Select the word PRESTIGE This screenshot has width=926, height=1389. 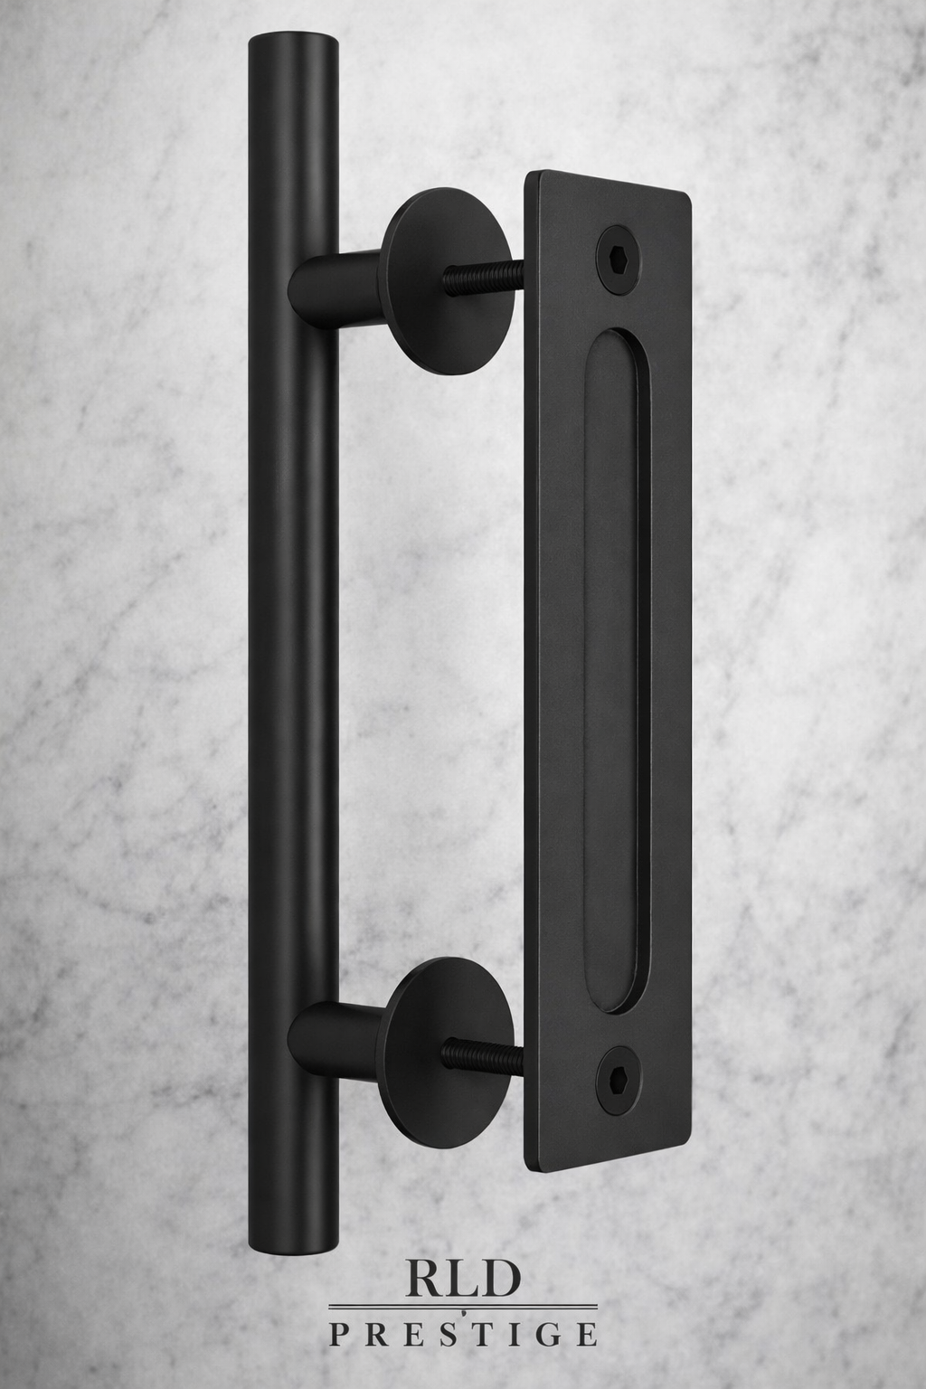(x=462, y=1333)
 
